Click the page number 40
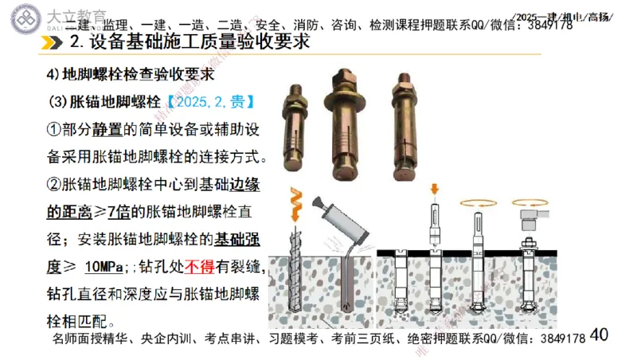pos(600,335)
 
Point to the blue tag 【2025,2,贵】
pos(209,102)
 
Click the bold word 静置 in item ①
pos(107,129)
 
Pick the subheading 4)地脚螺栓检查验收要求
pos(129,75)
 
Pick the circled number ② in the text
pos(53,185)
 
